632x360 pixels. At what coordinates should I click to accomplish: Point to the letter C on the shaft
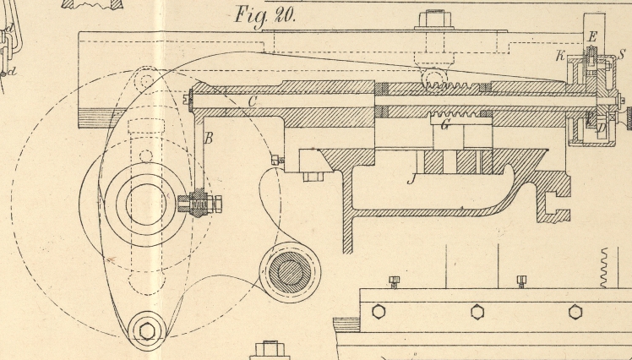tap(251, 101)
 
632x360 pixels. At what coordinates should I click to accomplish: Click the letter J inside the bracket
tap(412, 178)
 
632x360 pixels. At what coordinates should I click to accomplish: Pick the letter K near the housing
tap(559, 57)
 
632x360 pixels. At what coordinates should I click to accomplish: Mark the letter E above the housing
tap(592, 36)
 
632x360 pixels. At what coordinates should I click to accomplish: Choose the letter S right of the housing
tap(622, 55)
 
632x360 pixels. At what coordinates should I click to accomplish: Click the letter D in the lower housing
tap(591, 126)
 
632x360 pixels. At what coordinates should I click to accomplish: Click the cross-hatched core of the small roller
tap(290, 272)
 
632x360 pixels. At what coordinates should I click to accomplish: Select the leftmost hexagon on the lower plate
tap(376, 311)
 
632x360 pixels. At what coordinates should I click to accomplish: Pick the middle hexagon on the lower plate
tap(477, 311)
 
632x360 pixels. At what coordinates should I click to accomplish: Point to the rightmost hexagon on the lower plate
tap(575, 311)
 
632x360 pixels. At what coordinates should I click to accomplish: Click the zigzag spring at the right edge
tap(605, 268)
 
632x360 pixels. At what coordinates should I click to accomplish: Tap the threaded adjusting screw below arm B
tap(201, 205)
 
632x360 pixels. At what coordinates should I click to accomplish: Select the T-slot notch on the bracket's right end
tap(553, 204)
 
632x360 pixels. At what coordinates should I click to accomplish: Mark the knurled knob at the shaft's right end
tap(628, 117)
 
